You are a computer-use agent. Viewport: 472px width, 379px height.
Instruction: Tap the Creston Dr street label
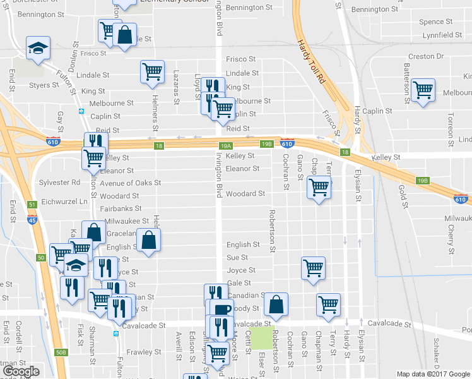pyautogui.click(x=430, y=56)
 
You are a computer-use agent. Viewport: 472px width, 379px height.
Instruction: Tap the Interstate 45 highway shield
pyautogui.click(x=32, y=219)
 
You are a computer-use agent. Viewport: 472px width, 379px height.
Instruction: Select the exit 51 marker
pyautogui.click(x=32, y=204)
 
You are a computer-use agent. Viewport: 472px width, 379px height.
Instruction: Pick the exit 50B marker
pyautogui.click(x=61, y=352)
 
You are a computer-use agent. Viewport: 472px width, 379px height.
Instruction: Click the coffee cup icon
pyautogui.click(x=221, y=310)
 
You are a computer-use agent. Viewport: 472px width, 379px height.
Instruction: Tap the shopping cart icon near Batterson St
pyautogui.click(x=422, y=90)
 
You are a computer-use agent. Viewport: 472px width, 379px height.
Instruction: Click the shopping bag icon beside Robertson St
pyautogui.click(x=276, y=304)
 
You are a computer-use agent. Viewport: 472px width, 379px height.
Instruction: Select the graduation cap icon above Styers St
pyautogui.click(x=38, y=47)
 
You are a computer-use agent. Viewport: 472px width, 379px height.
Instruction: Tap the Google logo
pyautogui.click(x=21, y=371)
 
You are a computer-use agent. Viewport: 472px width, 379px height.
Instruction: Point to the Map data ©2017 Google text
pyautogui.click(x=434, y=374)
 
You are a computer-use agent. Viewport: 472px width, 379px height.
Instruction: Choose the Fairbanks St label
pyautogui.click(x=120, y=208)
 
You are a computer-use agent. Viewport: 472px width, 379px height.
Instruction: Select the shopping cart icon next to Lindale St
pyautogui.click(x=152, y=73)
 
